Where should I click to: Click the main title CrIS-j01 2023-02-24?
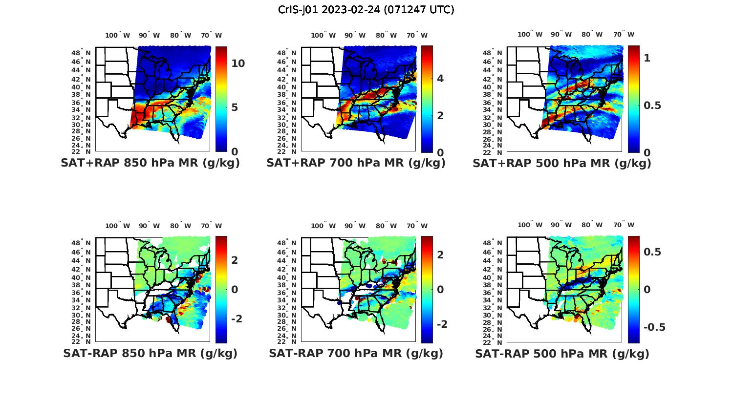pyautogui.click(x=366, y=10)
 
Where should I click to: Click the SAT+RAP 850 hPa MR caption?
pyautogui.click(x=151, y=163)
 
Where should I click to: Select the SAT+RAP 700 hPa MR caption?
pyautogui.click(x=356, y=163)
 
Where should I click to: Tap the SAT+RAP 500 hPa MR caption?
pyautogui.click(x=562, y=163)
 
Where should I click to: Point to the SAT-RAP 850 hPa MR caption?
pyautogui.click(x=151, y=353)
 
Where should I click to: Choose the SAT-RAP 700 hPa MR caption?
pyautogui.click(x=356, y=353)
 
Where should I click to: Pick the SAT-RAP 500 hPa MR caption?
pyautogui.click(x=562, y=353)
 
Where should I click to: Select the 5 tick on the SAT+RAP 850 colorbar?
pyautogui.click(x=235, y=107)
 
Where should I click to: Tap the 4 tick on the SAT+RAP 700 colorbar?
pyautogui.click(x=440, y=78)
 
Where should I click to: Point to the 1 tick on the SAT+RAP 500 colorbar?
pyautogui.click(x=647, y=58)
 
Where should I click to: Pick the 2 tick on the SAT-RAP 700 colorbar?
pyautogui.click(x=440, y=255)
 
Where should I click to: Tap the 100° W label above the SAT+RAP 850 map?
pyautogui.click(x=118, y=35)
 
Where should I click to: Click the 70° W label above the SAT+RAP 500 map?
pyautogui.click(x=624, y=34)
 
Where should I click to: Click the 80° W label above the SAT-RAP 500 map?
pyautogui.click(x=592, y=225)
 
